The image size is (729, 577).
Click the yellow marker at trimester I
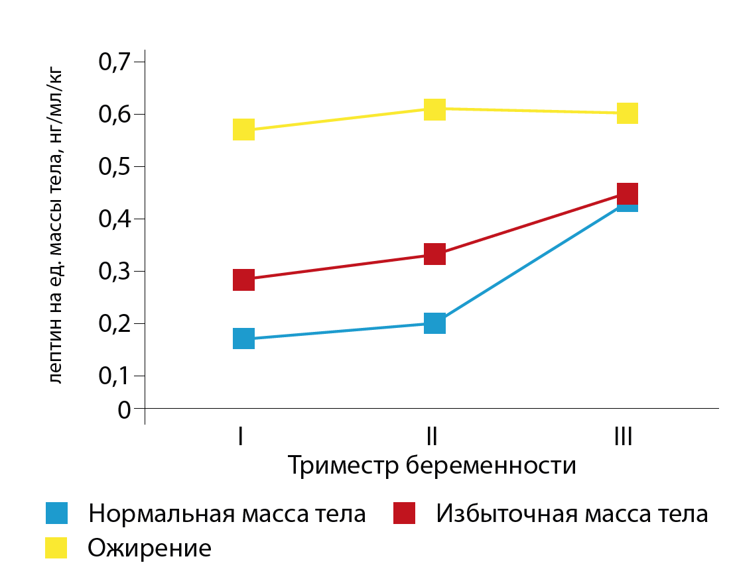click(x=243, y=129)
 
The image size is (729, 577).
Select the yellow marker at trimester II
click(x=434, y=109)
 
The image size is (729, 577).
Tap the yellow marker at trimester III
click(x=627, y=113)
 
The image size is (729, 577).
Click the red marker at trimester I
click(x=243, y=280)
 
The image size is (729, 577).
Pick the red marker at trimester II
click(x=434, y=254)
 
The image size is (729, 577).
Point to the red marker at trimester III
click(x=627, y=193)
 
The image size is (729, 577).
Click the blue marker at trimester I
click(x=243, y=339)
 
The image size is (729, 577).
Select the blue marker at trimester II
click(x=434, y=323)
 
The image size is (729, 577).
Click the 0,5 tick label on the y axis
click(x=116, y=167)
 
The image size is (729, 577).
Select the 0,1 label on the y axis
click(x=116, y=376)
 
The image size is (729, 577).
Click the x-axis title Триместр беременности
click(x=432, y=465)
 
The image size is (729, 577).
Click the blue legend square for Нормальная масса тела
click(x=56, y=513)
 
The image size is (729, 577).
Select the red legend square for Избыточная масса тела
click(x=404, y=513)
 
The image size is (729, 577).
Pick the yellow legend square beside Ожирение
click(x=56, y=548)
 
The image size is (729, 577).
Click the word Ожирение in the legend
click(x=150, y=549)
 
